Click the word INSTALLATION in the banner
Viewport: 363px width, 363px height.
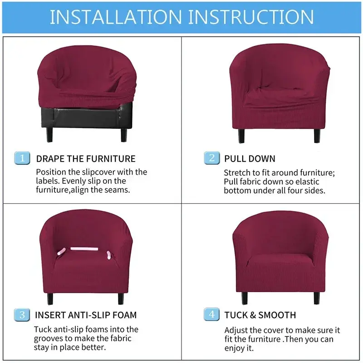(116, 17)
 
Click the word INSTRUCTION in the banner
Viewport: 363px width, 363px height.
(251, 17)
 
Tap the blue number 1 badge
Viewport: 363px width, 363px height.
(22, 158)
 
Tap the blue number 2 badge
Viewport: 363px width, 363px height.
(212, 158)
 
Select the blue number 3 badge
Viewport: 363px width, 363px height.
(22, 315)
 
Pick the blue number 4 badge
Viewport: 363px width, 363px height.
(211, 314)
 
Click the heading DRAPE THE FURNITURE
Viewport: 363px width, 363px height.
(86, 159)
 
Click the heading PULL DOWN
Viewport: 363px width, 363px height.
(250, 159)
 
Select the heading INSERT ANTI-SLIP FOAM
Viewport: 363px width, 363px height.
(86, 315)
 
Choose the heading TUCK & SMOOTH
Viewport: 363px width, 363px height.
(260, 315)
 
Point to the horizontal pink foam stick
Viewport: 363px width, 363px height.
(84, 249)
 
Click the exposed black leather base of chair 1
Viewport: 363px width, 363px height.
(87, 117)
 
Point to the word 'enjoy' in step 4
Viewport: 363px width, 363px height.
(234, 348)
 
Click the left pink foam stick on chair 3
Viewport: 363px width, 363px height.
(61, 251)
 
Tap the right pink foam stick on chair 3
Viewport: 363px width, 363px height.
(109, 255)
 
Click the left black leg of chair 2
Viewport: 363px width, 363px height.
(241, 136)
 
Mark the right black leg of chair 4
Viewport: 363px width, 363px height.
(317, 298)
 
